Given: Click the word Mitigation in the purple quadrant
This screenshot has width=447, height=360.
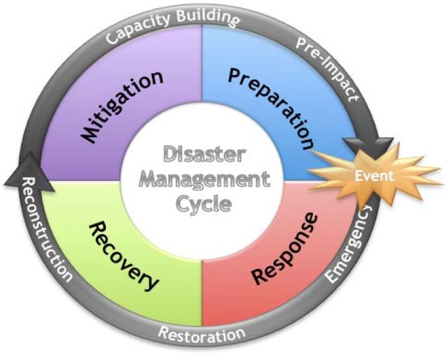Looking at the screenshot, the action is tap(122, 107).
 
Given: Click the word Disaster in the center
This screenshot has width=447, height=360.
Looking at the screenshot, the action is tap(205, 154).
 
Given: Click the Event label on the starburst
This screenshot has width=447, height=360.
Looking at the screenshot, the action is tap(375, 176).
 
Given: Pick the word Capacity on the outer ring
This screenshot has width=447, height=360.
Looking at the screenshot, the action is tap(138, 30).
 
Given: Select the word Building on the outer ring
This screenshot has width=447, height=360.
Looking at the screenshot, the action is tap(208, 18).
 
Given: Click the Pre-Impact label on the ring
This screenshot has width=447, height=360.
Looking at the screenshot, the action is tap(327, 69).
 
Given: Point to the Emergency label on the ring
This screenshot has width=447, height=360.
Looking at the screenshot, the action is tap(350, 244).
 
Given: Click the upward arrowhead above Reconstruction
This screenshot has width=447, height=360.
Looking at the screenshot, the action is tap(30, 172).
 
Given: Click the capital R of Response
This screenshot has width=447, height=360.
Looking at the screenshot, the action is tap(260, 275).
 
